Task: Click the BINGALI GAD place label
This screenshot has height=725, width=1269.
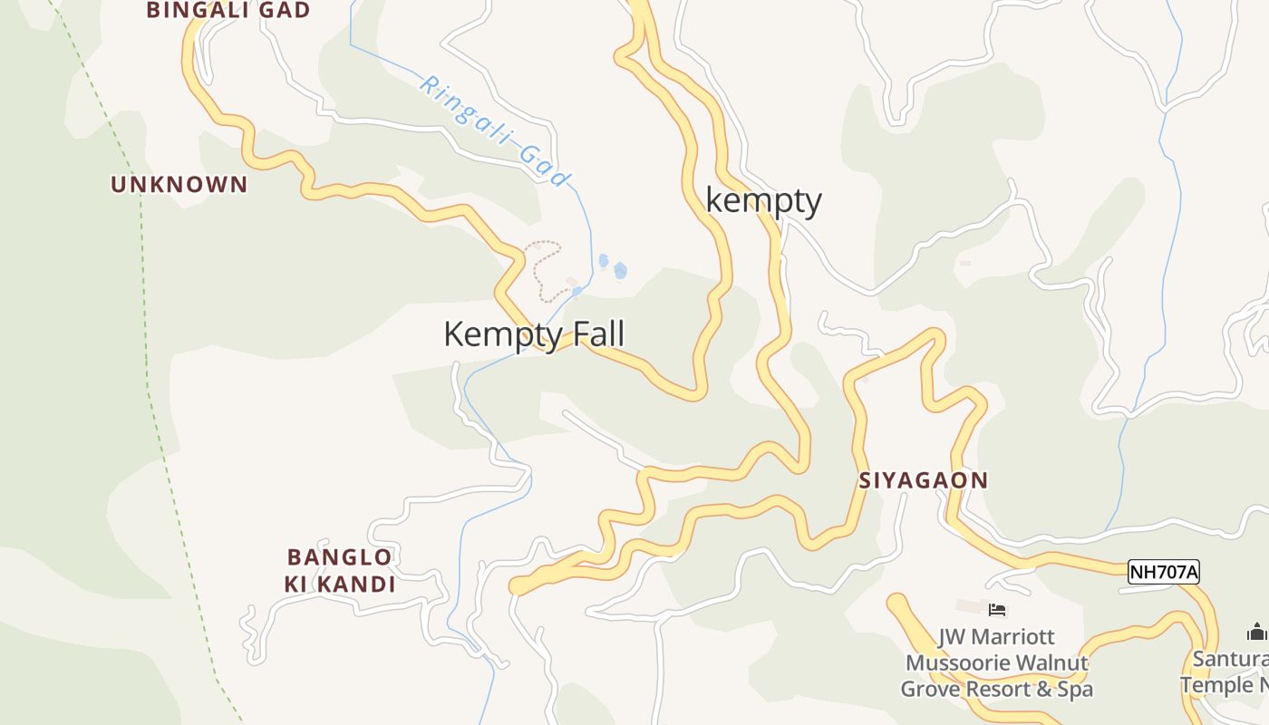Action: click(x=228, y=11)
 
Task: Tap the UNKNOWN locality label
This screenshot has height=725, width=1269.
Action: click(x=179, y=185)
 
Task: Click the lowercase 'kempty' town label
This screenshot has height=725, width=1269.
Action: click(x=763, y=200)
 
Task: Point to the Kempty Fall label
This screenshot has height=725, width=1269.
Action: click(x=534, y=334)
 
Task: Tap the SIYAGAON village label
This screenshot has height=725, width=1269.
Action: click(x=923, y=480)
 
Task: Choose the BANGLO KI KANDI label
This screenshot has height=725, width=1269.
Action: click(x=340, y=570)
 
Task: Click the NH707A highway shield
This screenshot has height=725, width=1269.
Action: click(x=1163, y=572)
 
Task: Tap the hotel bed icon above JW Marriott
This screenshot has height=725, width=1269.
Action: click(x=997, y=610)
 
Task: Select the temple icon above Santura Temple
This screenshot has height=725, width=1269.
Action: click(x=1256, y=631)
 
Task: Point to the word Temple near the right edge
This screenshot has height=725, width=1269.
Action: click(x=1215, y=685)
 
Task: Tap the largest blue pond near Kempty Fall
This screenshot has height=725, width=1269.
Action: click(x=620, y=270)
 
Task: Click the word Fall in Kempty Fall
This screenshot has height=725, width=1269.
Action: click(x=594, y=334)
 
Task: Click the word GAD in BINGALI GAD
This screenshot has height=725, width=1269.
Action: click(x=284, y=11)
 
